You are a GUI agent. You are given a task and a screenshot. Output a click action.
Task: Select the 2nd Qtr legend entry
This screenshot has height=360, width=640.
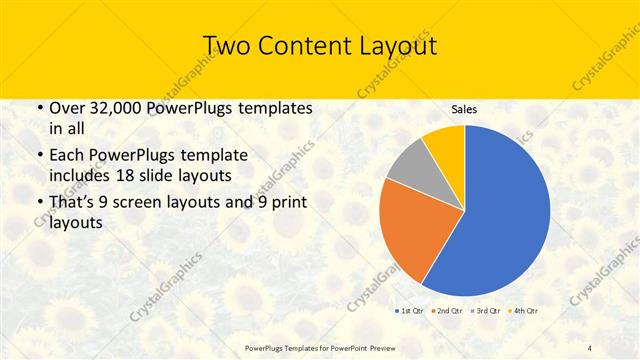(x=446, y=312)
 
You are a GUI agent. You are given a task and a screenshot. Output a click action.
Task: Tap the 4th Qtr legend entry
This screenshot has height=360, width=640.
(x=524, y=312)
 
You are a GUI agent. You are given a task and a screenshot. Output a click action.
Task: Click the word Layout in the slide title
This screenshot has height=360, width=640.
(x=394, y=46)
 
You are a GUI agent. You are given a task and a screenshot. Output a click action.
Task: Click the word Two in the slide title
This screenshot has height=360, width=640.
(x=225, y=46)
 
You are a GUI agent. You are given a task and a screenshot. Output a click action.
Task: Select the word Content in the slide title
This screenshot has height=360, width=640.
(x=299, y=46)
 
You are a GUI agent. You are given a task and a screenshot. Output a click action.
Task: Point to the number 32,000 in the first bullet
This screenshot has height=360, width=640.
(x=107, y=108)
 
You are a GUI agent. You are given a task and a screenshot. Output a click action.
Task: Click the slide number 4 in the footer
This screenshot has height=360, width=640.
(x=590, y=347)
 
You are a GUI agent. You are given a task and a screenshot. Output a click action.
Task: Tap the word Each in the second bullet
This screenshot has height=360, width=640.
(x=66, y=156)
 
